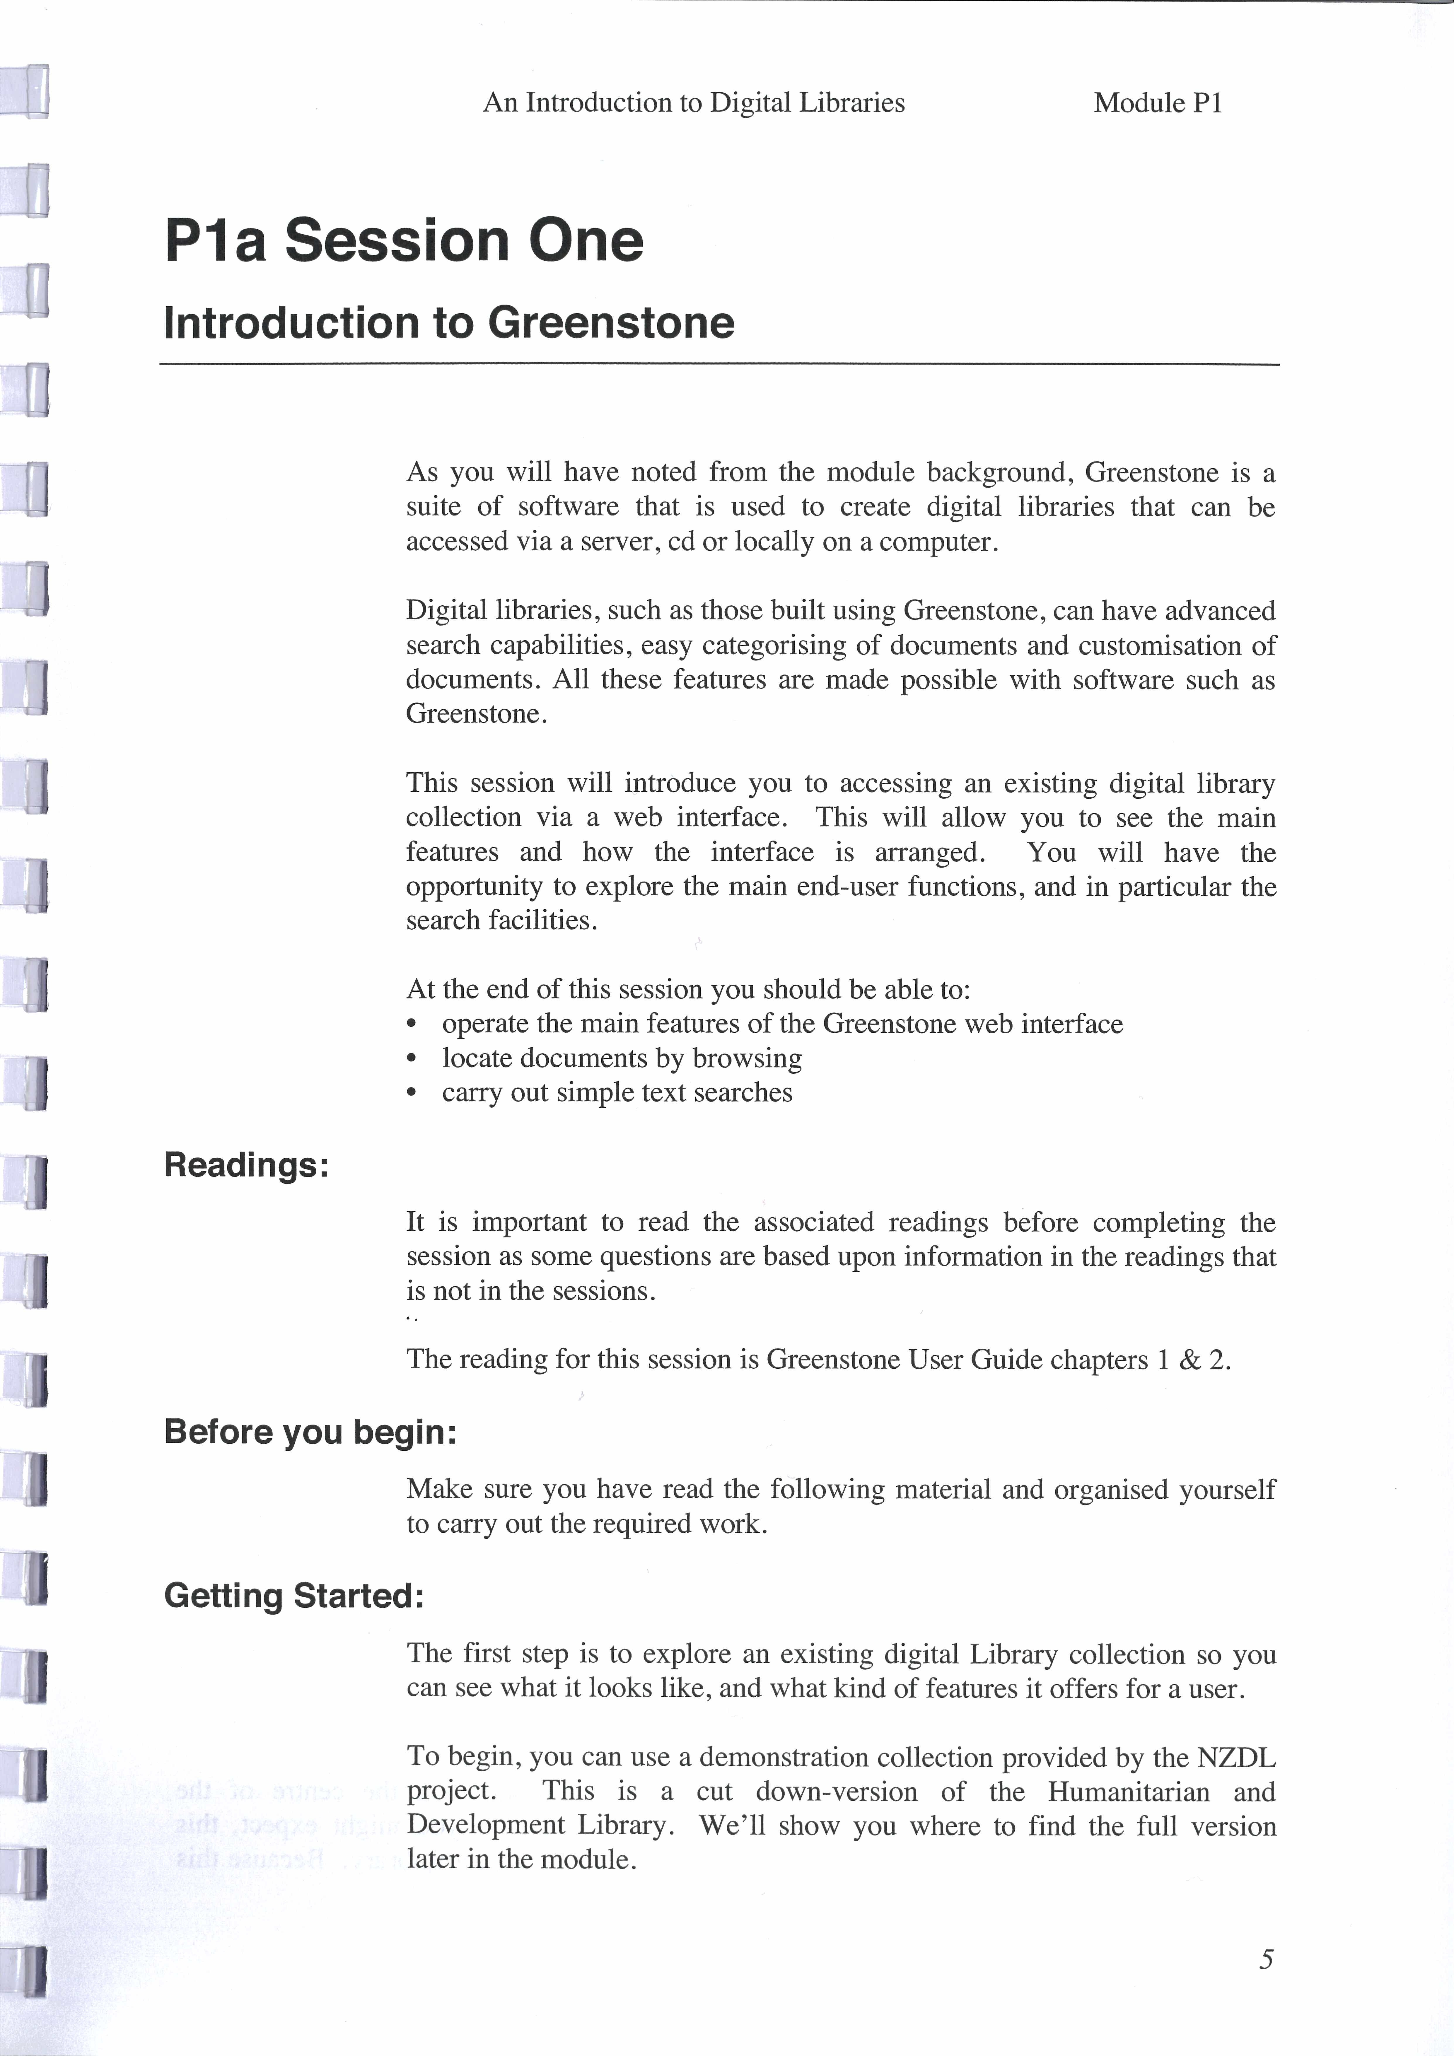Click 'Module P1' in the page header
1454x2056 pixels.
[1158, 103]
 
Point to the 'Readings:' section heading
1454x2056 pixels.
[246, 1165]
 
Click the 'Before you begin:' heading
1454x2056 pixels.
[310, 1432]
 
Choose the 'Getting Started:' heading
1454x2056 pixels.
[294, 1596]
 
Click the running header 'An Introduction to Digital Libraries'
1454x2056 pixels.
[694, 103]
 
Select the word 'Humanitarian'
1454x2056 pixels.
[1128, 1792]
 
